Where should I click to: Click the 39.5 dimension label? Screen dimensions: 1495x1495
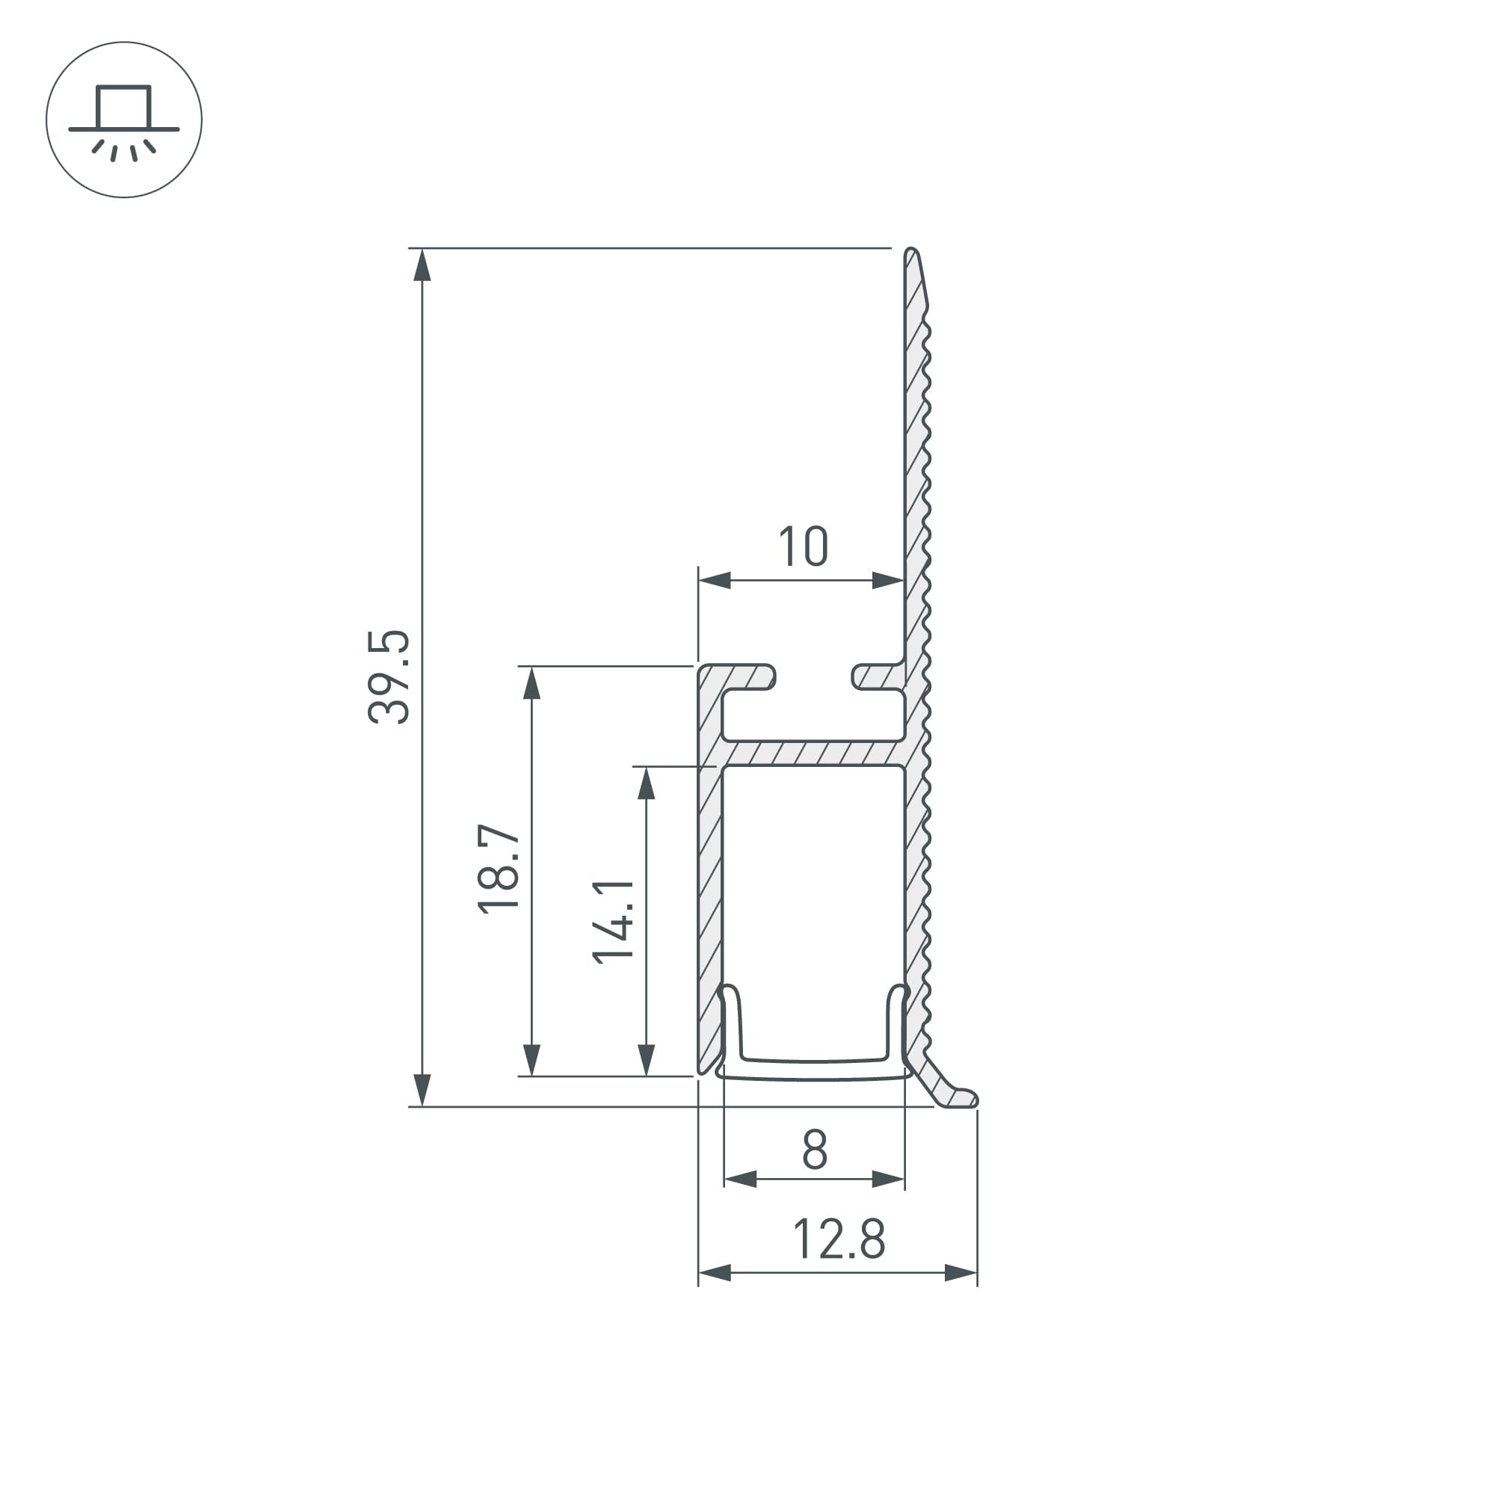tap(389, 677)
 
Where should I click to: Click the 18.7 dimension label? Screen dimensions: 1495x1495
tap(499, 869)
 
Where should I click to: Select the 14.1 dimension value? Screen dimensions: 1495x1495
tap(613, 921)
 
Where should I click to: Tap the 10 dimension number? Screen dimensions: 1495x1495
tap(804, 547)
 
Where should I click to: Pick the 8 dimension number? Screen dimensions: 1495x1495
tap(815, 1150)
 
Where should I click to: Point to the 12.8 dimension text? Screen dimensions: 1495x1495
tap(839, 1239)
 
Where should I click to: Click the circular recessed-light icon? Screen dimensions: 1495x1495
tap(124, 120)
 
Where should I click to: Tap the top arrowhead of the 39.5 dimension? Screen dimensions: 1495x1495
tap(422, 265)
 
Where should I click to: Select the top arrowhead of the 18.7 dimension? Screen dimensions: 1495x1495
tap(531, 683)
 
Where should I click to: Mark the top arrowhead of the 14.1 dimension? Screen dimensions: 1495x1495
tap(646, 783)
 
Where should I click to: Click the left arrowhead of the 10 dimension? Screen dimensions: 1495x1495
tap(714, 579)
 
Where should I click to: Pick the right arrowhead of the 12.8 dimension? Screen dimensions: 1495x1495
tap(961, 1273)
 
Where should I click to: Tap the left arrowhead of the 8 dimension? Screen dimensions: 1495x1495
tap(741, 1180)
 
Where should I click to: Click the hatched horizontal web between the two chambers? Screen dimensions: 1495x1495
tap(813, 752)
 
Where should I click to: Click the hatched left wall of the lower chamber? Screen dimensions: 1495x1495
tap(710, 890)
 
